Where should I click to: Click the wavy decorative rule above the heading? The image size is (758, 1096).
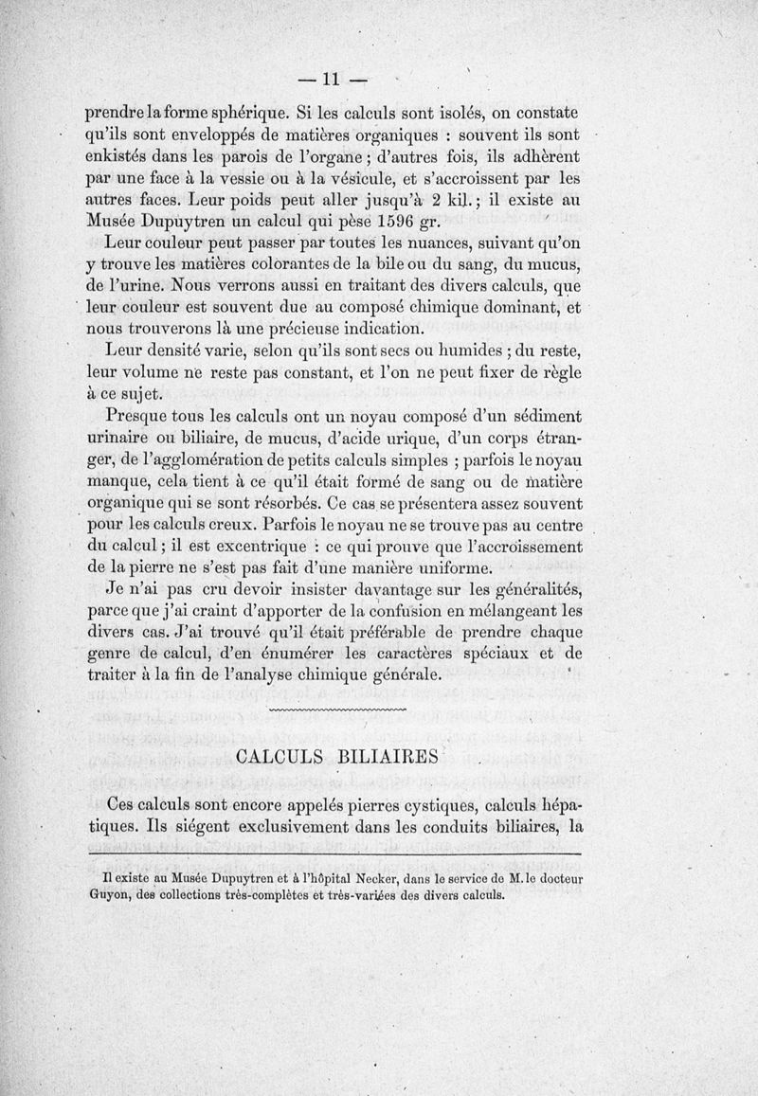tap(338, 709)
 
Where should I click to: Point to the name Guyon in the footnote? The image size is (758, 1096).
tap(105, 893)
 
